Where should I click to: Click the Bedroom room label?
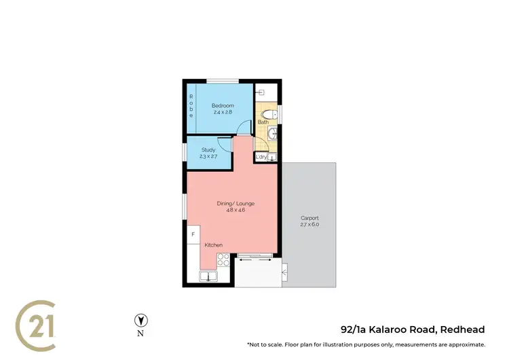coord(223,105)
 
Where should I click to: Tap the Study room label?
coord(208,149)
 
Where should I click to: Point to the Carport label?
coord(309,217)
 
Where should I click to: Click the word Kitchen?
coord(213,245)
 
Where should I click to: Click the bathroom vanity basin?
coord(273,133)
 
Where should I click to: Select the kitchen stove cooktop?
coord(223,259)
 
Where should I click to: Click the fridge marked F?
coord(193,234)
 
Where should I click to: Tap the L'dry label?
coord(261,158)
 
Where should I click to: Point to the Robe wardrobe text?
coord(191,106)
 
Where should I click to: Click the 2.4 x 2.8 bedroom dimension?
coord(223,112)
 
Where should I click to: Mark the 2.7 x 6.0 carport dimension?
coord(309,224)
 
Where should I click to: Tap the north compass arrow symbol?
coord(141,320)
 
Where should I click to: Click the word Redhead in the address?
coord(463,330)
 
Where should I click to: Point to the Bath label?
coord(263,122)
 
